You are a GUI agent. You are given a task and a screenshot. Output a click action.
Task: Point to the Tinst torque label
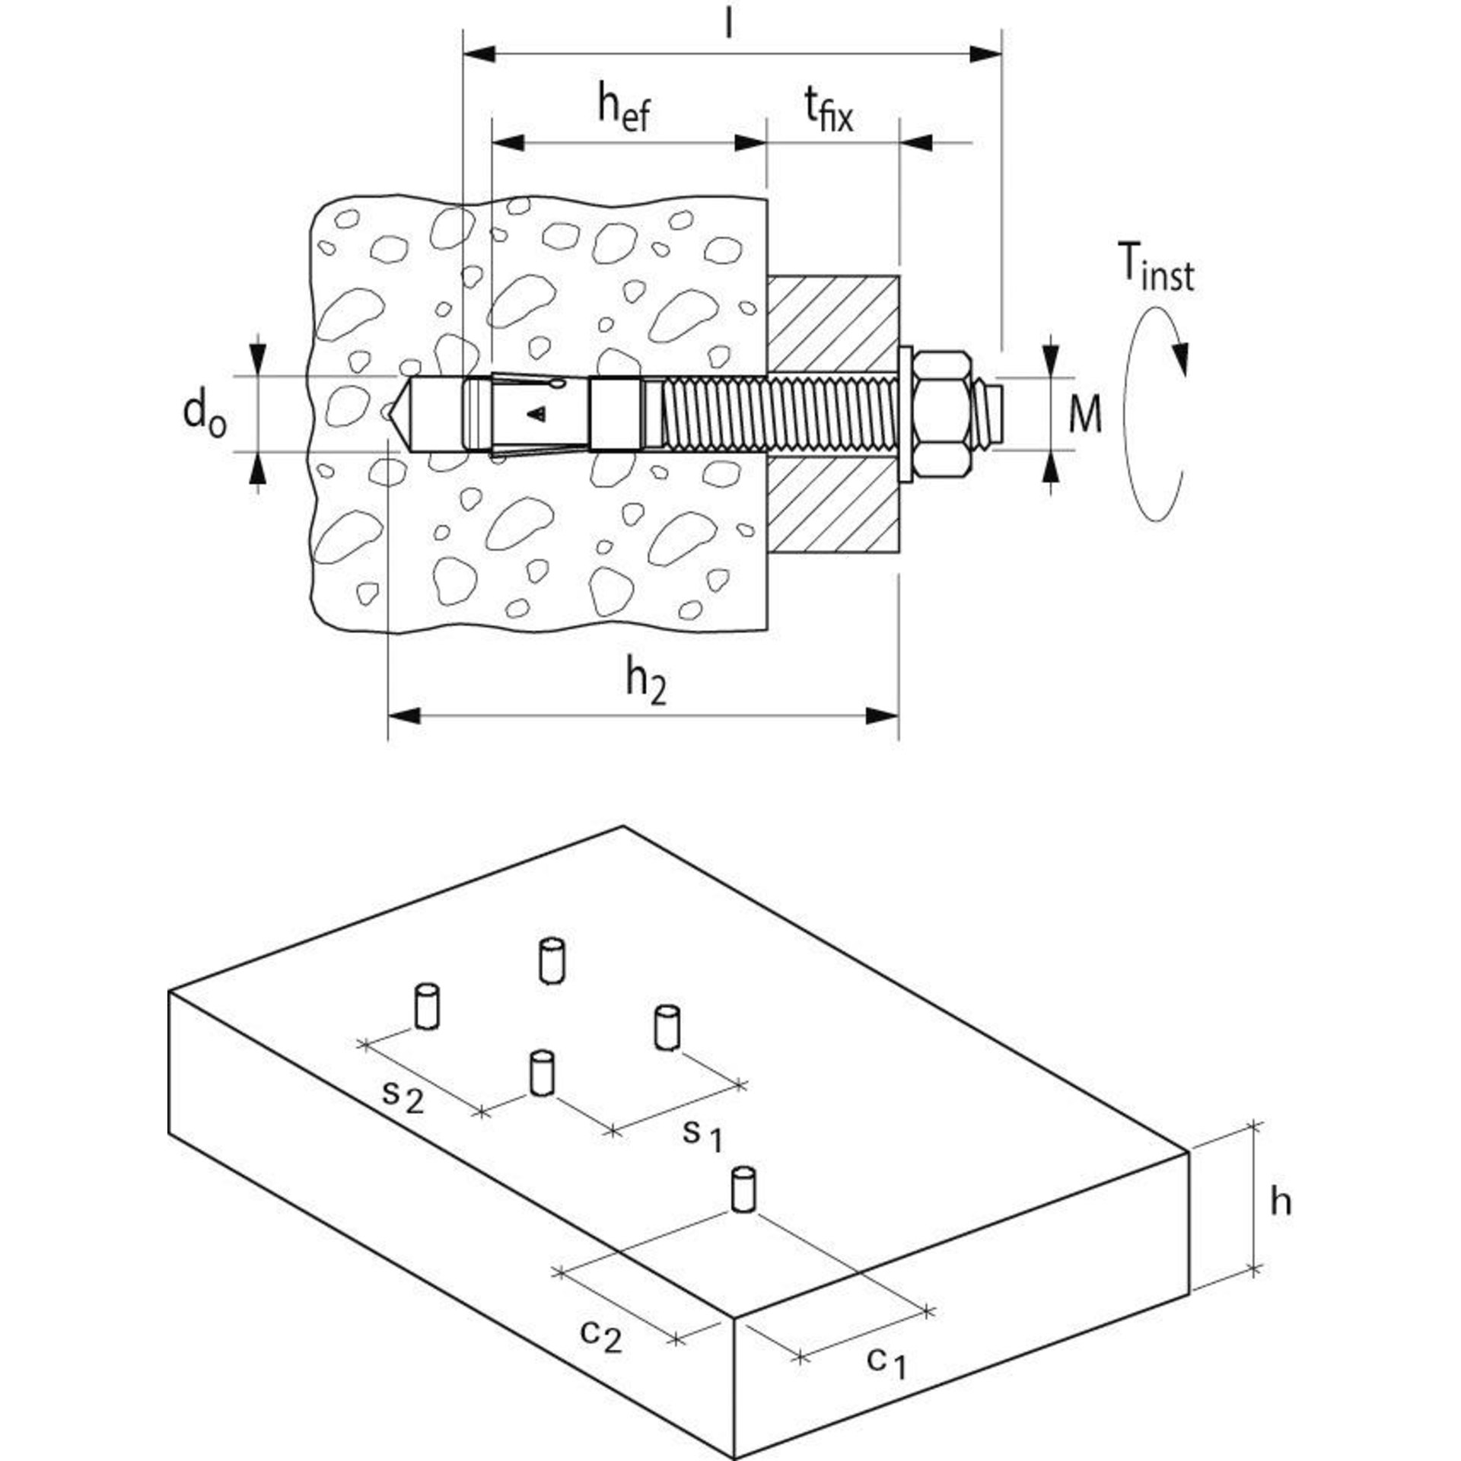[x=1156, y=267]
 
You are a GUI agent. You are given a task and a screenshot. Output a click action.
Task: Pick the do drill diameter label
[x=205, y=415]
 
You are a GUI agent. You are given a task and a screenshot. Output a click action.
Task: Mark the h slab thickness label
[x=1281, y=1223]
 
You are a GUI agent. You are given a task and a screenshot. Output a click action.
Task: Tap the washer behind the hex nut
[x=906, y=414]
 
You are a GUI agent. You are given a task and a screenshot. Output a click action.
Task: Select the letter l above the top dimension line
[x=729, y=23]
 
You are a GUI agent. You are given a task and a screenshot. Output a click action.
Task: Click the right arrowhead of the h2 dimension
[x=883, y=716]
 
